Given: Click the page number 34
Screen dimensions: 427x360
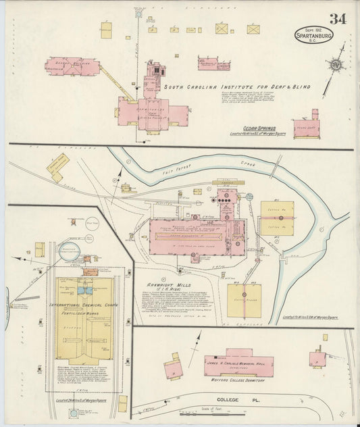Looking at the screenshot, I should click(338, 18).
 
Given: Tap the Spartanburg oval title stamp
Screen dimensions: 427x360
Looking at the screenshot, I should click(313, 34).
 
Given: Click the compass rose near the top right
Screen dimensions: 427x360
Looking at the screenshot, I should click(333, 66).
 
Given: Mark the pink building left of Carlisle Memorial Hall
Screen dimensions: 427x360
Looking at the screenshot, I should click(173, 368).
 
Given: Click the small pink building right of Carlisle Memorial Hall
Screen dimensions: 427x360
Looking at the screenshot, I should click(317, 358).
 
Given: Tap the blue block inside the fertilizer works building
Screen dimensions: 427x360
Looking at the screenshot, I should click(86, 288).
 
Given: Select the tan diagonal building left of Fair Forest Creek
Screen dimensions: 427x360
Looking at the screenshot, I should click(58, 164).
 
